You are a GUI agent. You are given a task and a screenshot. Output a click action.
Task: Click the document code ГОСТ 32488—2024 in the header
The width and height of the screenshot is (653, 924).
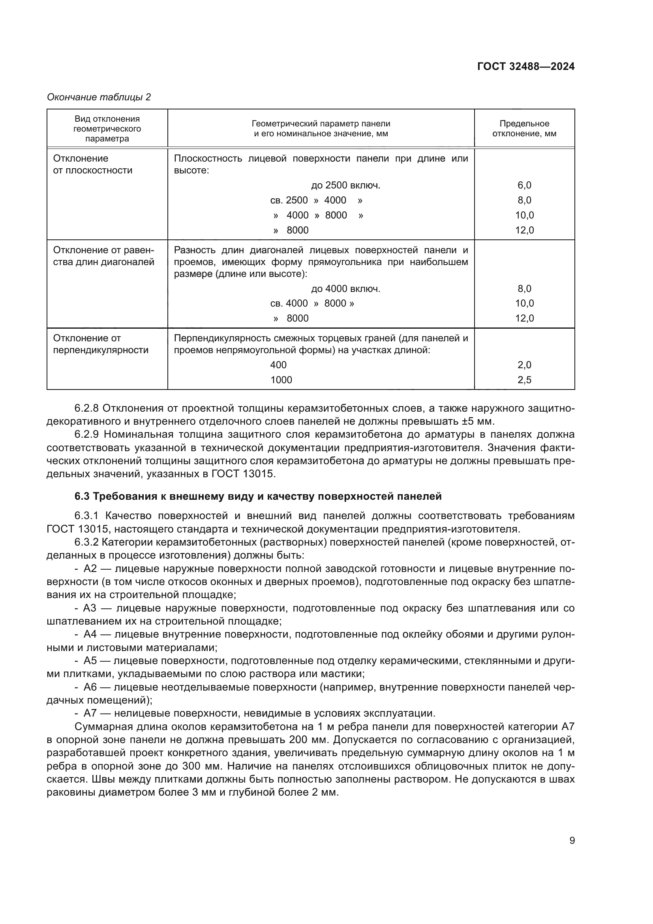pyautogui.click(x=525, y=67)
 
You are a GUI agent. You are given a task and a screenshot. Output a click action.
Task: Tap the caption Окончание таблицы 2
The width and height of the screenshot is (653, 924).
pyautogui.click(x=99, y=98)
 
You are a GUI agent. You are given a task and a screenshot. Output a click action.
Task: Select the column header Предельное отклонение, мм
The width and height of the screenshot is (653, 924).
pyautogui.click(x=524, y=128)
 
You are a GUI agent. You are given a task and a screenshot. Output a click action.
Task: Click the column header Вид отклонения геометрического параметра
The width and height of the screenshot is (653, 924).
pyautogui.click(x=107, y=128)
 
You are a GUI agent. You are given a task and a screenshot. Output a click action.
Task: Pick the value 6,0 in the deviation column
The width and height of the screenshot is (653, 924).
pyautogui.click(x=524, y=186)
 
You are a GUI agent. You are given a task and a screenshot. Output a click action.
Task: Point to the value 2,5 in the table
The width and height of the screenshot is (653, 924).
pyautogui.click(x=524, y=380)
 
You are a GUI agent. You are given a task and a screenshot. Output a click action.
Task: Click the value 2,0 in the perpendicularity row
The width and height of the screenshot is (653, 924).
pyautogui.click(x=524, y=365)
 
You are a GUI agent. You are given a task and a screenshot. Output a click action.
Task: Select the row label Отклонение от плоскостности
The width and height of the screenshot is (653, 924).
pyautogui.click(x=93, y=164)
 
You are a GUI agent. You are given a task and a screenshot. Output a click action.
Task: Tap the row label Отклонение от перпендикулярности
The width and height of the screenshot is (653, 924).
pyautogui.click(x=101, y=344)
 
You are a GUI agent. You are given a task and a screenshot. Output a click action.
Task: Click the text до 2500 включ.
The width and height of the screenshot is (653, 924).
pyautogui.click(x=345, y=186)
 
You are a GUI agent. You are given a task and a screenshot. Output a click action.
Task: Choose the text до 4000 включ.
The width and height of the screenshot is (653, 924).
pyautogui.click(x=345, y=288)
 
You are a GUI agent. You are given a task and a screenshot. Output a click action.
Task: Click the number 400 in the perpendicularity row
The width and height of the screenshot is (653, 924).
pyautogui.click(x=278, y=365)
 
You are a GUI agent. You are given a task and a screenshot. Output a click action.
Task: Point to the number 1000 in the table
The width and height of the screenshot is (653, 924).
pyautogui.click(x=281, y=380)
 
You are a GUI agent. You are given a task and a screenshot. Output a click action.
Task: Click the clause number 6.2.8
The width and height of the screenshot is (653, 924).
pyautogui.click(x=86, y=408)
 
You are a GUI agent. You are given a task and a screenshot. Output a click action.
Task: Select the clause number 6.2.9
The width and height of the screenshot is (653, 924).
pyautogui.click(x=86, y=435)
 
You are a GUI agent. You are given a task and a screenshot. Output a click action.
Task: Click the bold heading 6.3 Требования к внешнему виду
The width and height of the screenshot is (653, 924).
pyautogui.click(x=258, y=497)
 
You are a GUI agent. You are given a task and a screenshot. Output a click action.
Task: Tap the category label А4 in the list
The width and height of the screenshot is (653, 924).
pyautogui.click(x=90, y=635)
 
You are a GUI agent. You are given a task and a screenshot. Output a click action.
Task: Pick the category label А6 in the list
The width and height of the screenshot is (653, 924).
pyautogui.click(x=90, y=687)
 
